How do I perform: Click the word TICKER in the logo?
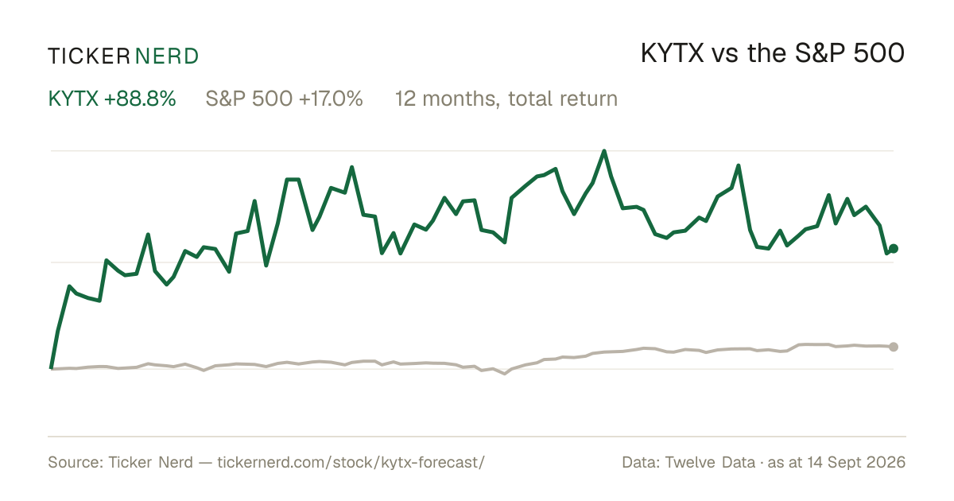tap(88, 56)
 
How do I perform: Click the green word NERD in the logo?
tap(166, 56)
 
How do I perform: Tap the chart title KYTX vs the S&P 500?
tap(773, 53)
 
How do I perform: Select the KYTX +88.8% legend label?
tap(112, 99)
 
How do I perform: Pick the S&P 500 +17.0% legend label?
tap(284, 99)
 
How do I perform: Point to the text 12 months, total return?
tap(506, 99)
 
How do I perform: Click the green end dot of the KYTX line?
tap(894, 248)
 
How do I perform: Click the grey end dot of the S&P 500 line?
tap(894, 347)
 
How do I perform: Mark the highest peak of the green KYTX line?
tap(604, 151)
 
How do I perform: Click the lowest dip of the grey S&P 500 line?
tap(505, 374)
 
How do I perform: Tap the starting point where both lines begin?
tap(51, 368)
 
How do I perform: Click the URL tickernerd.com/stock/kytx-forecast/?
tap(351, 462)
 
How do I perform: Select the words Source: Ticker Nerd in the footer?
tap(121, 462)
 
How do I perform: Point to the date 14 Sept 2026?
tap(856, 462)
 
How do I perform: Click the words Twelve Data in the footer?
tap(710, 462)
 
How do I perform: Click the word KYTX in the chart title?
tap(673, 53)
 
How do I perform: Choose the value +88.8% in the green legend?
tap(140, 99)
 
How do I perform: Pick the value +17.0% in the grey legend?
tap(331, 99)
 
